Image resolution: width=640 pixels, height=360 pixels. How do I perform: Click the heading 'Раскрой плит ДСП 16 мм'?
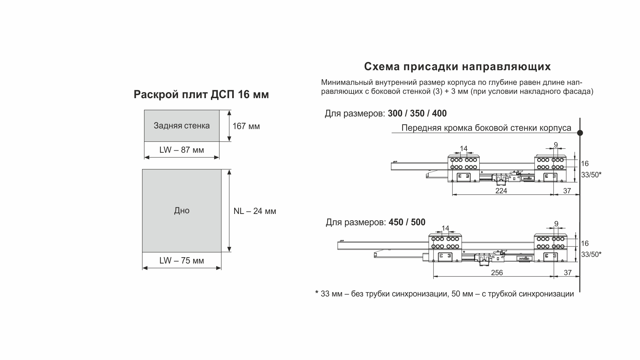[201, 95]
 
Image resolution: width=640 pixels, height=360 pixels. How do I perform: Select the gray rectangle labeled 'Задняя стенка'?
[182, 126]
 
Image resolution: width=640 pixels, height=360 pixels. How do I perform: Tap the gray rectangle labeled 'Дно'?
[182, 211]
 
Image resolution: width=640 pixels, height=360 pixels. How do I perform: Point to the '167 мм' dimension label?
[246, 126]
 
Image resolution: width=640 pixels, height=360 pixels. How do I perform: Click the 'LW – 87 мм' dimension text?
[182, 150]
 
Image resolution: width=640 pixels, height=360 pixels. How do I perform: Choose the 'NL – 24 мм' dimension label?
[255, 211]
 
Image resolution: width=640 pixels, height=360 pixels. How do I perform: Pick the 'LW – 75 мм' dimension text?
[182, 261]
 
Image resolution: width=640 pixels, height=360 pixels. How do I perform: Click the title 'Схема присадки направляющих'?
[457, 67]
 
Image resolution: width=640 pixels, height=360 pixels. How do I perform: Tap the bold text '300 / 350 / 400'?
[417, 114]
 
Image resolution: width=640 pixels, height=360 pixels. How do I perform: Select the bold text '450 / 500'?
[407, 222]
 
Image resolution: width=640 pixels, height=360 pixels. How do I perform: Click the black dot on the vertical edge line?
[580, 133]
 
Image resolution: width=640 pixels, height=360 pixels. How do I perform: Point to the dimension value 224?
[501, 191]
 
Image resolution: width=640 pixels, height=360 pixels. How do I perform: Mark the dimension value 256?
[497, 273]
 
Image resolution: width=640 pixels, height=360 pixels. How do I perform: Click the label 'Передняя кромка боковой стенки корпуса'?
[486, 128]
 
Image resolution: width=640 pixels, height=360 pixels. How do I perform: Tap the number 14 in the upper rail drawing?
[464, 148]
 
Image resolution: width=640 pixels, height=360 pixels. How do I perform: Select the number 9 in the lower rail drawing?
[556, 224]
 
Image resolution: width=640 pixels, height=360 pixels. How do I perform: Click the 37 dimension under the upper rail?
[567, 191]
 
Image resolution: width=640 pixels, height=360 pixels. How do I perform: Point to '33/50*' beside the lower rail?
[591, 255]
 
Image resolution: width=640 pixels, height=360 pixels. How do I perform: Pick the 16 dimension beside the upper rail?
[585, 164]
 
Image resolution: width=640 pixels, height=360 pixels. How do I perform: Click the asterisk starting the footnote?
[317, 293]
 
